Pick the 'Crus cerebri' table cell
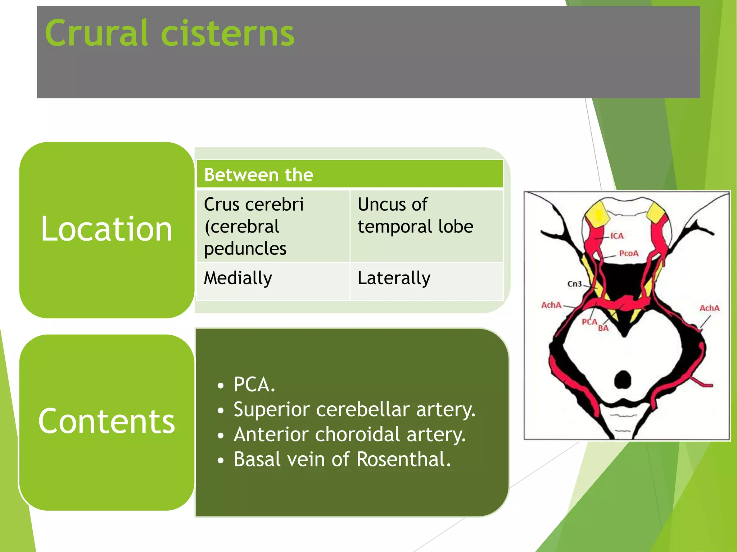[273, 226]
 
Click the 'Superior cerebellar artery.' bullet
[354, 409]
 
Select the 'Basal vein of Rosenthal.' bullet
[342, 459]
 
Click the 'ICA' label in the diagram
[617, 236]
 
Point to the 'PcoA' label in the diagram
[629, 253]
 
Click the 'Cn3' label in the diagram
[574, 284]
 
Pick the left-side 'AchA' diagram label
[551, 305]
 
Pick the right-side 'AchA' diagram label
[709, 308]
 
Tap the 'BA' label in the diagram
[603, 328]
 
